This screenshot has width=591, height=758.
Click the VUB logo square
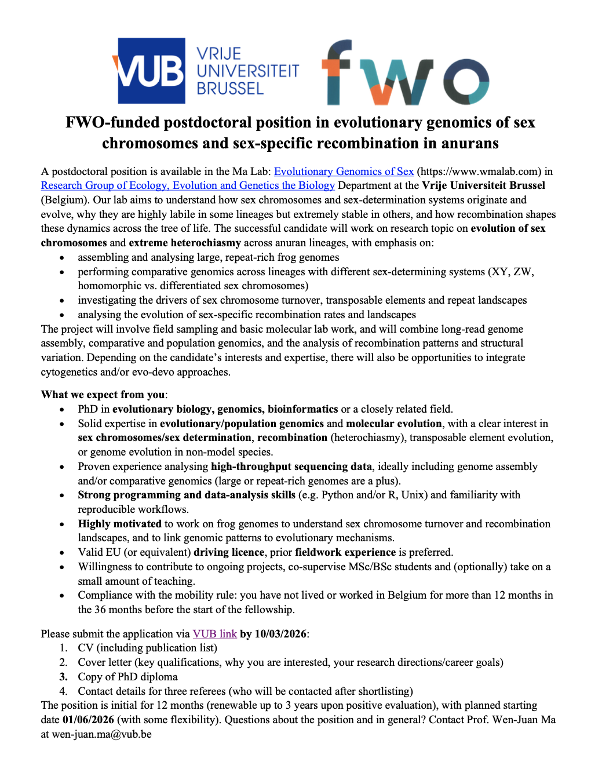coord(151,71)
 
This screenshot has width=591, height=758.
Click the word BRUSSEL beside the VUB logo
coord(230,89)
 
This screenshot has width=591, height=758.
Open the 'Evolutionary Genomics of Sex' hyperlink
coord(344,172)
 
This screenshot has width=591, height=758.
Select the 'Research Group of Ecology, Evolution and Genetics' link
coord(188,185)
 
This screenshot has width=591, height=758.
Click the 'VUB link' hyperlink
coord(214,634)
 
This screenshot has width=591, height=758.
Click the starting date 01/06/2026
coord(88,720)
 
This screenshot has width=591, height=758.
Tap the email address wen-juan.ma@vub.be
coord(101,734)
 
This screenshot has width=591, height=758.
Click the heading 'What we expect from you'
coord(103,395)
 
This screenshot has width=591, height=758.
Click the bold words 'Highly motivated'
coord(120,524)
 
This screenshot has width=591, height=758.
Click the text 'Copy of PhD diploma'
coord(127,677)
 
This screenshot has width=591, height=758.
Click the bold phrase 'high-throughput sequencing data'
coord(291,467)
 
